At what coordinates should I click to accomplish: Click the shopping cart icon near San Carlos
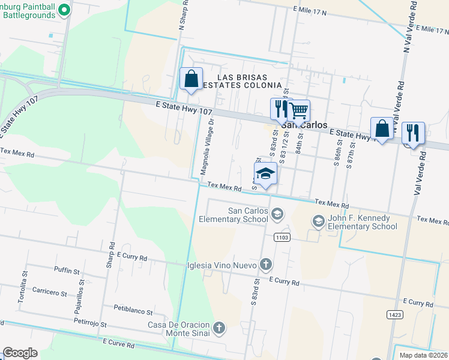(298, 110)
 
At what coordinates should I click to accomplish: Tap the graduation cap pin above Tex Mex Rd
(265, 174)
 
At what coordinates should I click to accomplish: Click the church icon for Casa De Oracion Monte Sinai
(220, 328)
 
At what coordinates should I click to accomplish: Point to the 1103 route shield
(282, 238)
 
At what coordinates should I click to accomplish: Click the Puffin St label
(67, 271)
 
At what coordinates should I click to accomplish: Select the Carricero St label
(50, 292)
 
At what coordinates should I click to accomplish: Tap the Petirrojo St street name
(90, 323)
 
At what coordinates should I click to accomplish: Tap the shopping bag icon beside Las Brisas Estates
(191, 79)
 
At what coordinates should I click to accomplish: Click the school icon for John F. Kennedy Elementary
(318, 222)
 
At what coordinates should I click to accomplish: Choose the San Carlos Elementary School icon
(277, 214)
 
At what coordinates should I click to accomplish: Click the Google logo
(20, 353)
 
